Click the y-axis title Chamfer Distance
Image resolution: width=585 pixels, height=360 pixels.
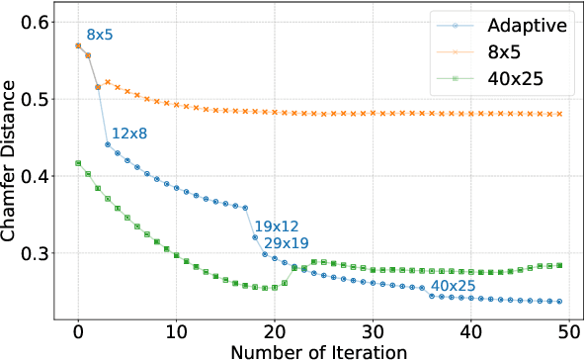click(x=10, y=173)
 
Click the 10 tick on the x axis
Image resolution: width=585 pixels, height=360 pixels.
click(x=176, y=327)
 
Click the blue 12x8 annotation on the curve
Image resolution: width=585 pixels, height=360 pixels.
click(x=128, y=133)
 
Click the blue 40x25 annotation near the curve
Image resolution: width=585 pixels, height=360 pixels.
click(x=454, y=286)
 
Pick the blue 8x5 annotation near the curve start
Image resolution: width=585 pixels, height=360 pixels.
click(x=100, y=36)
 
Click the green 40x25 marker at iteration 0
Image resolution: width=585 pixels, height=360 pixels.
click(x=78, y=163)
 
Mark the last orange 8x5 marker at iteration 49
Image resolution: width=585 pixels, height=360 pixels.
click(x=559, y=114)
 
